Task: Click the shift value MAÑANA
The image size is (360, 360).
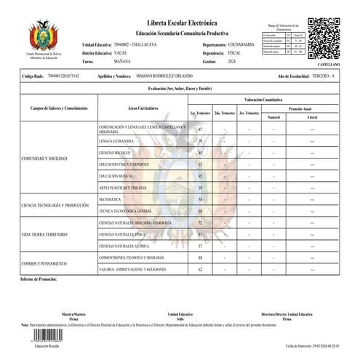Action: (123, 62)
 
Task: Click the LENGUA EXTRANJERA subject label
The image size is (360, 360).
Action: (115, 140)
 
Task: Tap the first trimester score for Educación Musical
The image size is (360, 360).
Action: (199, 176)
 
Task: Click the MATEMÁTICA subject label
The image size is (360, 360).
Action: (111, 199)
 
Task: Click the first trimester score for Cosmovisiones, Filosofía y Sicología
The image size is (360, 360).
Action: (199, 257)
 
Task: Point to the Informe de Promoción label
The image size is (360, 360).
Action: (39, 279)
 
